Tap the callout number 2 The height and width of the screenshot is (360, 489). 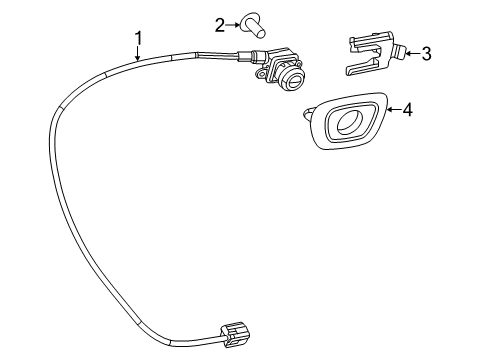click(x=218, y=22)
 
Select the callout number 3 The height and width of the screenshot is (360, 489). click(x=426, y=53)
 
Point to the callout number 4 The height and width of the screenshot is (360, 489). click(x=407, y=110)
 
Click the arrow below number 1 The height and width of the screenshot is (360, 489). click(x=139, y=56)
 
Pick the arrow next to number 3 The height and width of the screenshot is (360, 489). click(x=411, y=53)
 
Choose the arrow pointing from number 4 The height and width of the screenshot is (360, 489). click(x=391, y=110)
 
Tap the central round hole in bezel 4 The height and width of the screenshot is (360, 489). click(x=351, y=124)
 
